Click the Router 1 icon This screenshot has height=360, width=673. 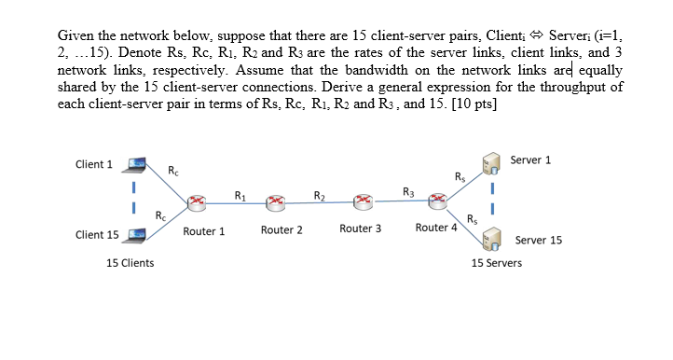197,201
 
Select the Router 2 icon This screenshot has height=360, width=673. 276,201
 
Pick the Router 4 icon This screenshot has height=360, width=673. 437,200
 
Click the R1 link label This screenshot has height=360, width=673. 240,195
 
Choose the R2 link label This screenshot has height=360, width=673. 319,195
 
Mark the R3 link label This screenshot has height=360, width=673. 407,193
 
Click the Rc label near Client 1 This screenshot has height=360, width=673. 173,170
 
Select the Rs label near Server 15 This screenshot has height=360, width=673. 474,220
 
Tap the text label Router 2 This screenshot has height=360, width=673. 282,229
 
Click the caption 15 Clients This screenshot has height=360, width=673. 130,263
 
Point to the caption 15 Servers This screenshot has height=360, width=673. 496,263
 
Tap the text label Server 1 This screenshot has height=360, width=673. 530,159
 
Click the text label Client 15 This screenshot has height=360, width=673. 97,234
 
